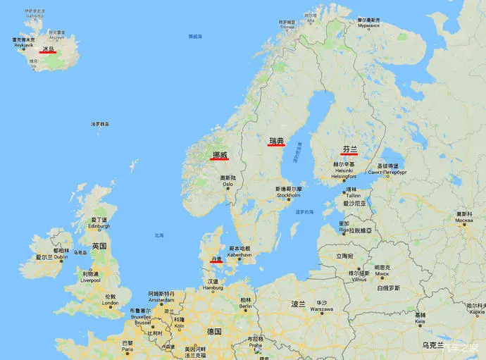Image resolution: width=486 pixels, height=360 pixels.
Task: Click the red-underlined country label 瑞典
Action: (x=276, y=141)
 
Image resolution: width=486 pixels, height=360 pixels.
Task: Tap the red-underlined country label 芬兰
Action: (x=349, y=149)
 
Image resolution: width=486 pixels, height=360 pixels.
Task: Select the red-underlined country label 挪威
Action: (x=220, y=154)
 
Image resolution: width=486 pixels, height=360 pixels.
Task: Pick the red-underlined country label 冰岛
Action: (x=48, y=49)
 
